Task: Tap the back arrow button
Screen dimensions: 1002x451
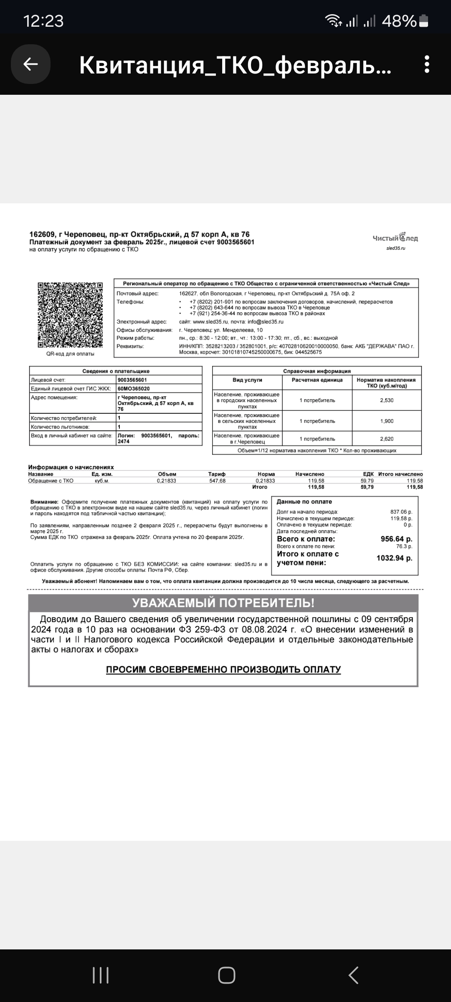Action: pyautogui.click(x=30, y=64)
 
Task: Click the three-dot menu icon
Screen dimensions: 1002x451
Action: pyautogui.click(x=426, y=64)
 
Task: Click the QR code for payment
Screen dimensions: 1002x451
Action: pyautogui.click(x=70, y=315)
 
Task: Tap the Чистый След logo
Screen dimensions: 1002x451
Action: pyautogui.click(x=395, y=238)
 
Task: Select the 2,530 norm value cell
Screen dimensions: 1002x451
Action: pyautogui.click(x=387, y=400)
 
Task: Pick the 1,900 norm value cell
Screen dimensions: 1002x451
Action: pyautogui.click(x=387, y=421)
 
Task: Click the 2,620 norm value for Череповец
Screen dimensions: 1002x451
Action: pyautogui.click(x=387, y=439)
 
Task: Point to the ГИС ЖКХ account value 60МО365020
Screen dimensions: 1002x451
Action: pyautogui.click(x=134, y=389)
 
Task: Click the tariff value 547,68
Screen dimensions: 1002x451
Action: pyautogui.click(x=217, y=481)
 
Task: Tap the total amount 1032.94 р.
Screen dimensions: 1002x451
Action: pyautogui.click(x=394, y=558)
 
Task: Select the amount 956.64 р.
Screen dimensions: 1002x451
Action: pyautogui.click(x=396, y=539)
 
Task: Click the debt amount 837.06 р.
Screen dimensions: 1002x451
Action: pyautogui.click(x=401, y=512)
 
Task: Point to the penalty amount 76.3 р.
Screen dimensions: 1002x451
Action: pyautogui.click(x=404, y=547)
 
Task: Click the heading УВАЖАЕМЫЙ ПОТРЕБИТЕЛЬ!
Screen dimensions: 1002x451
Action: pyautogui.click(x=223, y=603)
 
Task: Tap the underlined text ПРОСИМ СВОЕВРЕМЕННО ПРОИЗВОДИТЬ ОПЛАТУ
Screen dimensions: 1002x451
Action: pyautogui.click(x=223, y=670)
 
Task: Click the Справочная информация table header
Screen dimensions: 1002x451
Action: pyautogui.click(x=317, y=371)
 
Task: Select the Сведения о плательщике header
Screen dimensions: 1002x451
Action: pyautogui.click(x=116, y=371)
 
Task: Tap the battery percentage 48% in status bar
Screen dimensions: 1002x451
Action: pyautogui.click(x=399, y=21)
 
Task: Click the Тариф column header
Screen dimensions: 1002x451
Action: pyautogui.click(x=217, y=474)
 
